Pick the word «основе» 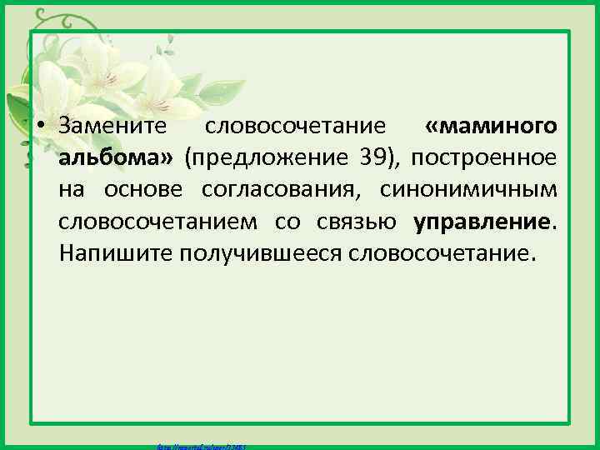click(x=147, y=190)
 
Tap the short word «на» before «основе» click(x=72, y=190)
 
